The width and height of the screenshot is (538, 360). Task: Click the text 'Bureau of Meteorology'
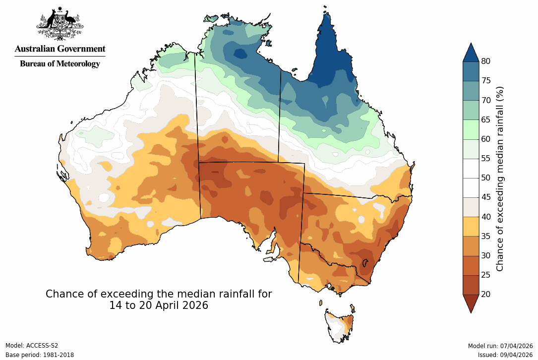(x=60, y=63)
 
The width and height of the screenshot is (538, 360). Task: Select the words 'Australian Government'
(x=60, y=49)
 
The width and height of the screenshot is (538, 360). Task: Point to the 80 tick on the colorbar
(x=485, y=61)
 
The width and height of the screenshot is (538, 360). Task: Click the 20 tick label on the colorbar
(x=485, y=294)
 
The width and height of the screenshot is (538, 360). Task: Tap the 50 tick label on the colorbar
(x=485, y=178)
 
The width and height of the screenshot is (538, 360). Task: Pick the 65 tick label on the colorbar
(x=485, y=120)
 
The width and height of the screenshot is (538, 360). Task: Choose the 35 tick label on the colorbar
(x=485, y=236)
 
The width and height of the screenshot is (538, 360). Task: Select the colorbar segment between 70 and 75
(x=471, y=90)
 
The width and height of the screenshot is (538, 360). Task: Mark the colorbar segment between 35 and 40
(x=471, y=226)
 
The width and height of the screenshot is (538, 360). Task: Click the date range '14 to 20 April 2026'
(x=159, y=305)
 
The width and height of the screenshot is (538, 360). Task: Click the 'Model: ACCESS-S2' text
(x=32, y=346)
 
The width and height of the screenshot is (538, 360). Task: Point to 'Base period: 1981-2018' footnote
(x=40, y=355)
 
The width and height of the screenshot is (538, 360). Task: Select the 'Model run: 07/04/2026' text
(x=500, y=346)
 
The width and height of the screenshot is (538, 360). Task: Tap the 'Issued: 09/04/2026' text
(x=505, y=355)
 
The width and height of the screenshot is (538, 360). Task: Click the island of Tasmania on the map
(x=340, y=325)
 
